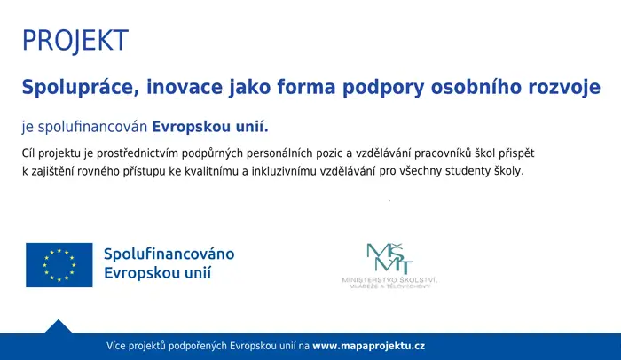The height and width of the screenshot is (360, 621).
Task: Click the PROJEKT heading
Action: tap(75, 40)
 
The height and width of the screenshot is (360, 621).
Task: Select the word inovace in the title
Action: tap(185, 87)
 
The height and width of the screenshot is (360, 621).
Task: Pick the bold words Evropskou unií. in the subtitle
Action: tap(210, 127)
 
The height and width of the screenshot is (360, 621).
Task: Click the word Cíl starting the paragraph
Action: tap(28, 153)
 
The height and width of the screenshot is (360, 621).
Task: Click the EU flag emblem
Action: tap(59, 265)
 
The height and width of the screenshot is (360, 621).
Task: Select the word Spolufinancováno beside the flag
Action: tap(169, 254)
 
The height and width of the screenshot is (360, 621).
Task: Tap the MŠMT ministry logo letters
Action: tap(389, 259)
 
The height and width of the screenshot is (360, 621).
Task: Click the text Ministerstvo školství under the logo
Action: tap(389, 280)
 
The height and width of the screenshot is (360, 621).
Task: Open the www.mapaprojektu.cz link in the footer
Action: tap(369, 346)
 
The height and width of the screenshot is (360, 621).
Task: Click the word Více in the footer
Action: tap(116, 346)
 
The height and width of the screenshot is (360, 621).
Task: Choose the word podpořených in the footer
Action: tap(197, 347)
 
